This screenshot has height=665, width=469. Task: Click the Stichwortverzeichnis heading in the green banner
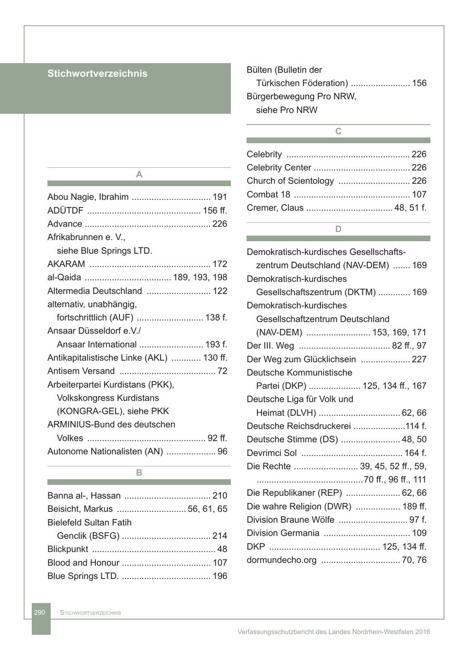97,73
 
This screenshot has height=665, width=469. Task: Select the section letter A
139,175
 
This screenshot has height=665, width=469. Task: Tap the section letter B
139,473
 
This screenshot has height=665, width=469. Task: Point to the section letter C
338,131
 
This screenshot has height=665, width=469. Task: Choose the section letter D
338,229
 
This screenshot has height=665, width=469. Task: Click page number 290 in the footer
40,612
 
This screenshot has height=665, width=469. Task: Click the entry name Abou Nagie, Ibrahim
88,197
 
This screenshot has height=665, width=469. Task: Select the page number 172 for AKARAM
220,264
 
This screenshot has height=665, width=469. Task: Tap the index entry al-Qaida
64,277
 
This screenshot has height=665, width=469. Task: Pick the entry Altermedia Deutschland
94,291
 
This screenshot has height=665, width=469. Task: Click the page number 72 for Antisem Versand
223,371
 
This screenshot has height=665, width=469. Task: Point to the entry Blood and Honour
83,563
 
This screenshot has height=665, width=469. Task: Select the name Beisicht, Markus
80,509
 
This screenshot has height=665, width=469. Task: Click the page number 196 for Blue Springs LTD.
220,576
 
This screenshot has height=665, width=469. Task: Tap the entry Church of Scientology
290,181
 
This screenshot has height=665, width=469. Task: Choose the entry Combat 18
268,194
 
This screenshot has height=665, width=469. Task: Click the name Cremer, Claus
275,208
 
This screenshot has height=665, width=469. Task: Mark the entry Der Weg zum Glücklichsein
301,359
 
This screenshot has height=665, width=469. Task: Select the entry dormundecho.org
281,560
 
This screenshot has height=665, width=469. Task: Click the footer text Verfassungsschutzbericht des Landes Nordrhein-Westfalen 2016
334,632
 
